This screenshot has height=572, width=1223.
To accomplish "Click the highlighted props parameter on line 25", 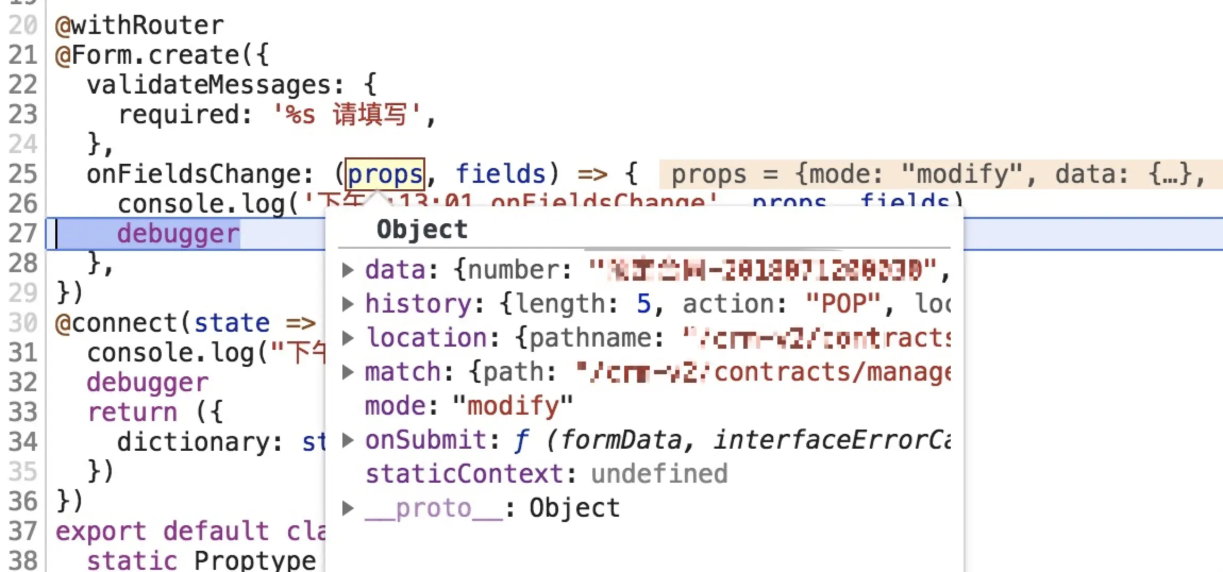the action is tap(385, 174).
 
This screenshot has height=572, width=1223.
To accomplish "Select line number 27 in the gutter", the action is tap(23, 233).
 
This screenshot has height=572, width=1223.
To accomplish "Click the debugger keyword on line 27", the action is tap(178, 234).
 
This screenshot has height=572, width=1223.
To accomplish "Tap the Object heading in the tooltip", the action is tap(422, 230).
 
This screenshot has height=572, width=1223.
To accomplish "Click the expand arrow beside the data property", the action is tap(348, 270).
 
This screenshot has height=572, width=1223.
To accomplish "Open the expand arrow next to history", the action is tap(348, 304).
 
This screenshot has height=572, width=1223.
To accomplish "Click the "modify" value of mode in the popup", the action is tap(513, 406).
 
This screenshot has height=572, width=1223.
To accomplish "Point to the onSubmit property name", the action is tap(425, 440).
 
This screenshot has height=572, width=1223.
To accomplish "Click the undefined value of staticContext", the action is tap(659, 474).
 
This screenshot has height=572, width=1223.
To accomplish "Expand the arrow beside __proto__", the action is tap(348, 508).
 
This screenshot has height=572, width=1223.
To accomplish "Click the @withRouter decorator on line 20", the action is tap(140, 26).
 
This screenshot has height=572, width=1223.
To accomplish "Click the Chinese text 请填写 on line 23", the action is tap(370, 114).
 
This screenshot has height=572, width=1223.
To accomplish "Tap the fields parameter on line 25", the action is tap(500, 174).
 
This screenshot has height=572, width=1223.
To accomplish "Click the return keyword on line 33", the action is tap(132, 412).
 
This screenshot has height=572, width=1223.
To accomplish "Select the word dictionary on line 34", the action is tap(193, 442).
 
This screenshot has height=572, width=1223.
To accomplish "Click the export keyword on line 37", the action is tap(100, 531).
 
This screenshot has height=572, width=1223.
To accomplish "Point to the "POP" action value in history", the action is tap(843, 304).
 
